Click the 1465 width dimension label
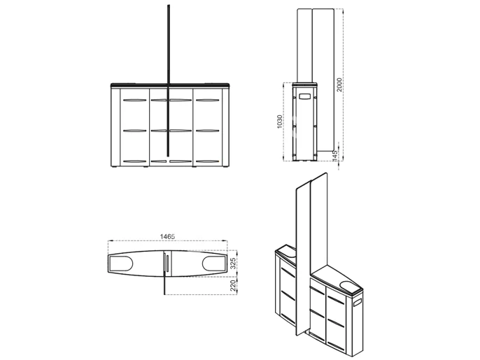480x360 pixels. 167,236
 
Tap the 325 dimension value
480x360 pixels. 233,264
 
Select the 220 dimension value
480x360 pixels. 233,285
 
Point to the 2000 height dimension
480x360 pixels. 339,85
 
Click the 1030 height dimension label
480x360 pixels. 279,122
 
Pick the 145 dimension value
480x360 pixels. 334,156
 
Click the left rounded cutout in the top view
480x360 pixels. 120,264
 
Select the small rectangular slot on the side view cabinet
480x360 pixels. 304,96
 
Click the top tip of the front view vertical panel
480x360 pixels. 169,5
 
